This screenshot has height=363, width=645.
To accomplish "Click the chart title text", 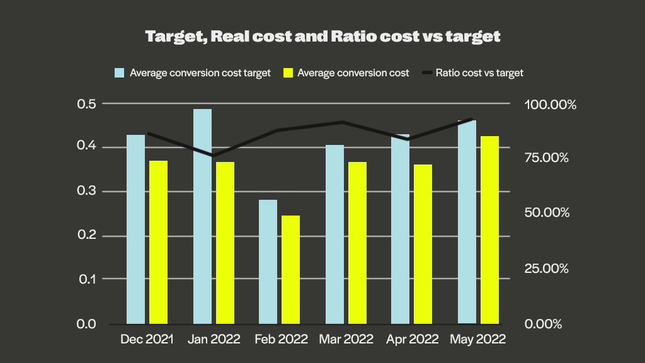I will point(322,36).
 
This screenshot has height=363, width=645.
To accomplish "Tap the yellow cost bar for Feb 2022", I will point(291,269).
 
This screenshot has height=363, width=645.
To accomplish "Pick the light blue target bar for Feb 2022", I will point(268,262).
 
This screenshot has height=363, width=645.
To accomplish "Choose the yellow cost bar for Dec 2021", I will point(159,242).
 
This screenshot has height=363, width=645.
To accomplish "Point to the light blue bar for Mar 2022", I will point(334,234).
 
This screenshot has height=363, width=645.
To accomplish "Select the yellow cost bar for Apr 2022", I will point(423,244).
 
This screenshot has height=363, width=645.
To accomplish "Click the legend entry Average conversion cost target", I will point(200,73).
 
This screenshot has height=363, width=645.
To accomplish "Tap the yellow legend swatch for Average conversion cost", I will point(288,73).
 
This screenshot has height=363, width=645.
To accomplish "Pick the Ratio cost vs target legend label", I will point(479,73).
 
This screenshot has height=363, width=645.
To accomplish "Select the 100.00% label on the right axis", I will point(551,105).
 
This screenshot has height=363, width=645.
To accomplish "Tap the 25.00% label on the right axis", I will point(547,268).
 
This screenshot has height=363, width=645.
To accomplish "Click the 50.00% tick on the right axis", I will point(547,213).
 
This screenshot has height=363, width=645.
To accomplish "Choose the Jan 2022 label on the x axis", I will point(214,339).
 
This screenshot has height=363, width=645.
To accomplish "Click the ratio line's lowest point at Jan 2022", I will point(214,155).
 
